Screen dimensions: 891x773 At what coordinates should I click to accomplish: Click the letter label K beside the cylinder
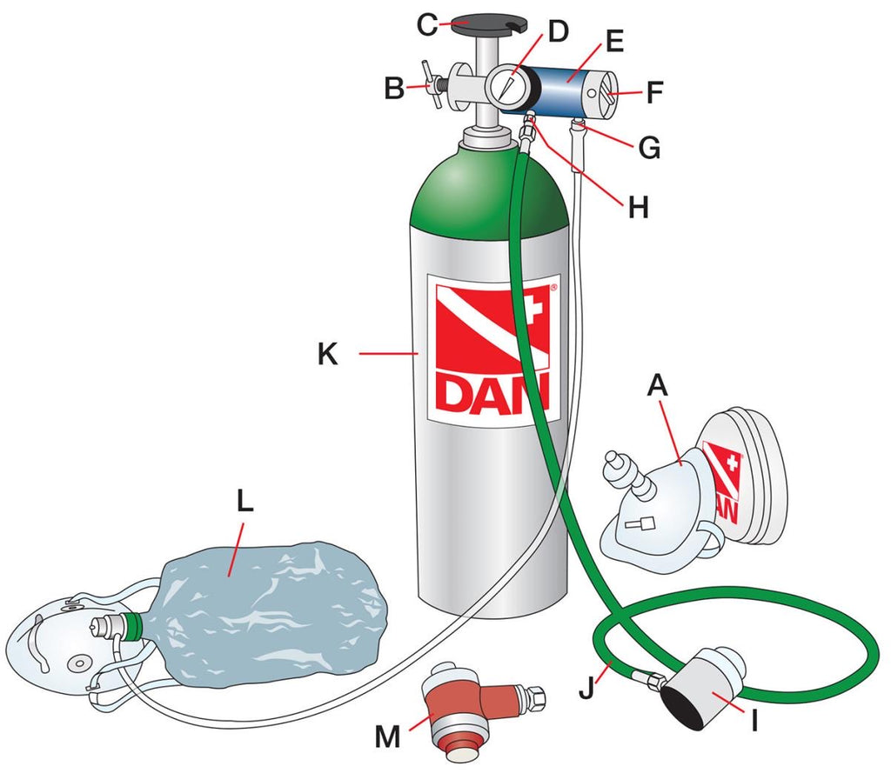327,354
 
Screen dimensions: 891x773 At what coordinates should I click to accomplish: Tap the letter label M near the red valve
387,737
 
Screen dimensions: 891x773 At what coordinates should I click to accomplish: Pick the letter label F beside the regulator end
655,92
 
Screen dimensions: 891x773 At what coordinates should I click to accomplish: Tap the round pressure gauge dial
506,86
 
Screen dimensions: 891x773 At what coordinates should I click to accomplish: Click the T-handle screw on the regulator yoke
433,83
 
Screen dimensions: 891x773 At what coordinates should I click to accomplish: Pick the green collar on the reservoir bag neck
135,625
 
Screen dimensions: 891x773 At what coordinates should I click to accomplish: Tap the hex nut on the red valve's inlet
535,696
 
